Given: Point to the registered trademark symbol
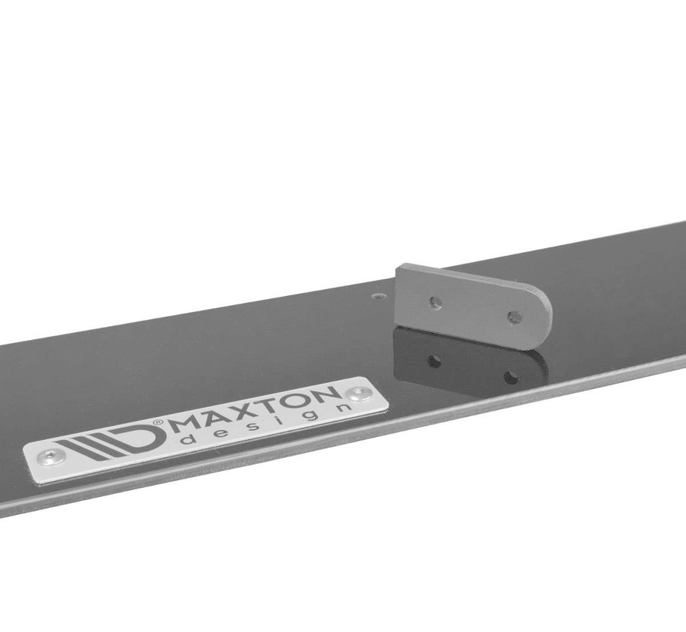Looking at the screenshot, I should (x=159, y=422).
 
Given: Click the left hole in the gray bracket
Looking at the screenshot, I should (x=435, y=303).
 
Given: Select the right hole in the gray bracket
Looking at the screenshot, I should (x=511, y=315).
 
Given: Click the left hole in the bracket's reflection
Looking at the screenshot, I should (x=434, y=360).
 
